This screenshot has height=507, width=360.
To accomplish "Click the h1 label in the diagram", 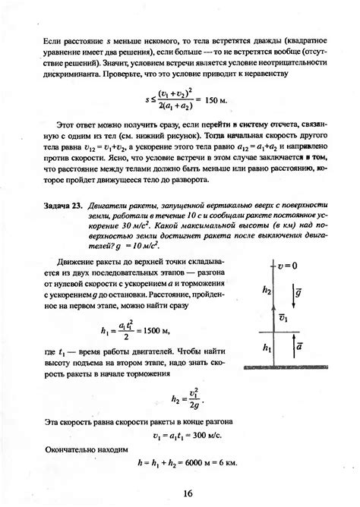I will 265,348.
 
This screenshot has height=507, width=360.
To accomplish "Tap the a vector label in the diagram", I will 300,346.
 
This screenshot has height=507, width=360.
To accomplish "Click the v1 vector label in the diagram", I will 283,317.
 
